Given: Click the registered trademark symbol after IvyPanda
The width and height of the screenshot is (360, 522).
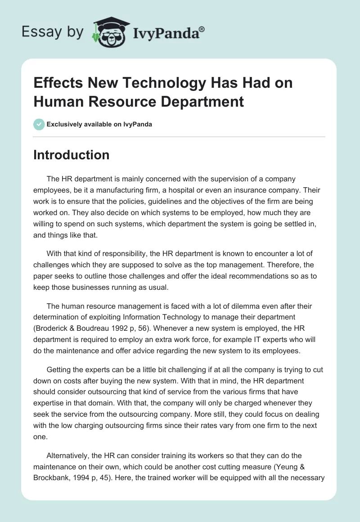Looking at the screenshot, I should (202, 29).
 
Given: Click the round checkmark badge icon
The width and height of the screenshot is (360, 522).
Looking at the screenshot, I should (39, 124).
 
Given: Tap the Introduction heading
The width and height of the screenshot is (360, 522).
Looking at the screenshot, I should (72, 155).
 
